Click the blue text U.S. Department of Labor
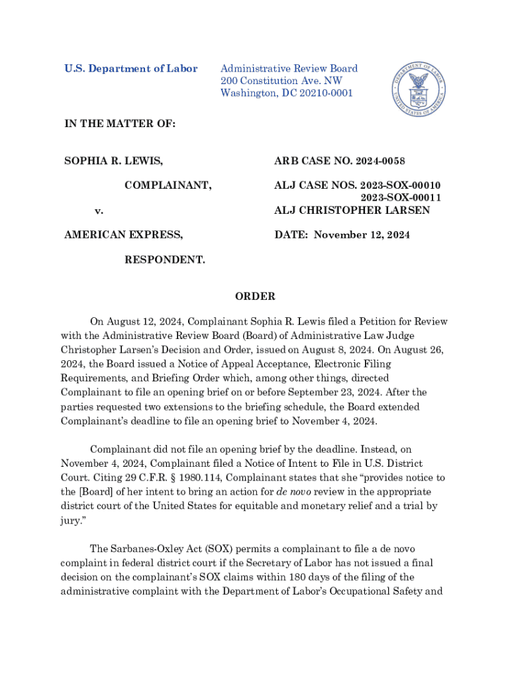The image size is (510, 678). (x=130, y=69)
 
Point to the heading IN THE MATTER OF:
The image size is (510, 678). (x=119, y=124)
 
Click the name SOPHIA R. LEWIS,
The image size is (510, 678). (x=113, y=161)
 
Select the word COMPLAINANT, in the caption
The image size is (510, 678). (x=168, y=185)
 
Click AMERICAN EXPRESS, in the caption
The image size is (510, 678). (x=124, y=235)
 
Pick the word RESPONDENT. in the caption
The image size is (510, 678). (x=165, y=260)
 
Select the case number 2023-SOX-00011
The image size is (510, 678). (x=401, y=198)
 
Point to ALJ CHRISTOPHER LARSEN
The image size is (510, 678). (x=352, y=211)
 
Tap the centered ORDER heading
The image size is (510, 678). (x=255, y=297)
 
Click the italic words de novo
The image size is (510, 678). (x=282, y=492)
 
